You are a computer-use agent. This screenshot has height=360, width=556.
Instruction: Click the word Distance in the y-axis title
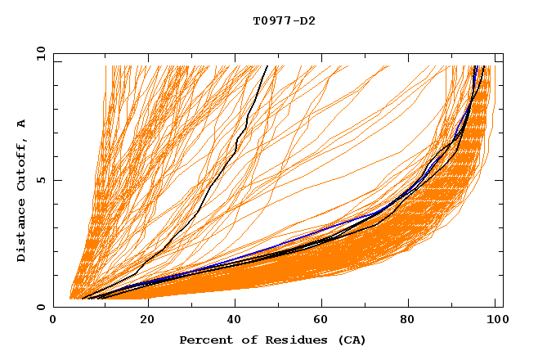(21, 232)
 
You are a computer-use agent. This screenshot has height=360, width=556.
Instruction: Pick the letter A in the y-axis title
(21, 124)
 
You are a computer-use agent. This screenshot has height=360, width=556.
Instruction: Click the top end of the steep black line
(267, 67)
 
